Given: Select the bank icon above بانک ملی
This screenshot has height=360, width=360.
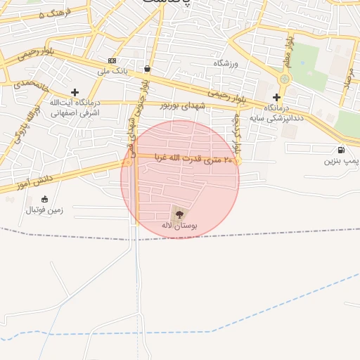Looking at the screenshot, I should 111,60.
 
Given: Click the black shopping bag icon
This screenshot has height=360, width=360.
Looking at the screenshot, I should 146,69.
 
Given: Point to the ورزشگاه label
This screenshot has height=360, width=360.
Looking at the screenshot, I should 226,63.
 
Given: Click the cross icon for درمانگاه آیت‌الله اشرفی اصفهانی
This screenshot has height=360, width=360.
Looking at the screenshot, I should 75,92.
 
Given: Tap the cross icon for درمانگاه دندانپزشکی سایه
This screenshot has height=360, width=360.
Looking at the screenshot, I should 277,98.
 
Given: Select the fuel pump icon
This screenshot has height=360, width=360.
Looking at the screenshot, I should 341,149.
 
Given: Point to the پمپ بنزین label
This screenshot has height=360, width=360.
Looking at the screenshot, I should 341,161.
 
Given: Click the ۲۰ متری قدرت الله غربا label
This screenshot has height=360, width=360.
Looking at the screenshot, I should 187,161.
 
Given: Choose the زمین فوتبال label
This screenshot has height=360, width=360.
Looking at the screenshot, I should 45,210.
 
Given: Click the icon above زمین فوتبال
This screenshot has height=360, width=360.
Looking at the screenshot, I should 45,199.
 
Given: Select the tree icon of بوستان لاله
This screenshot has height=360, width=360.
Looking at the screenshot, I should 179,214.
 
